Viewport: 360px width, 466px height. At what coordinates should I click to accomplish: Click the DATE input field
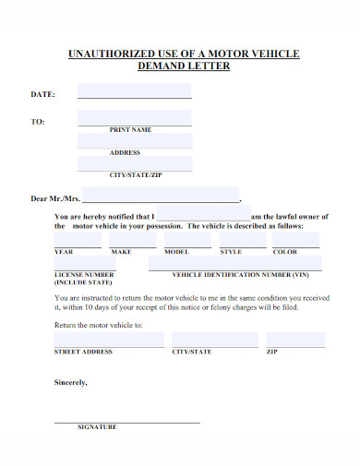[135, 91]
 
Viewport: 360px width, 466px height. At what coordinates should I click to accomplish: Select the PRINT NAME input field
[135, 118]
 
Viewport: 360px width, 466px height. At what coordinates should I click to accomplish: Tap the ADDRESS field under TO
[135, 140]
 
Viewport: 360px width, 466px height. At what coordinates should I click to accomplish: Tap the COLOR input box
[295, 241]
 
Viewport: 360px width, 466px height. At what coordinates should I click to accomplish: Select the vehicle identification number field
[235, 264]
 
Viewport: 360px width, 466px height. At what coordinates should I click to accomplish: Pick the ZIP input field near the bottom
[295, 341]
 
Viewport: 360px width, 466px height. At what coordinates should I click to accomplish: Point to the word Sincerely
[69, 382]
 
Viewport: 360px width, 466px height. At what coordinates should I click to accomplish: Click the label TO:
[38, 122]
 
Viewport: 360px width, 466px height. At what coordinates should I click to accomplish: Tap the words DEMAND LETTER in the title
[184, 66]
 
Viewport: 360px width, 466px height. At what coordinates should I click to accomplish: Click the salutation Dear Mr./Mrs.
[55, 197]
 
